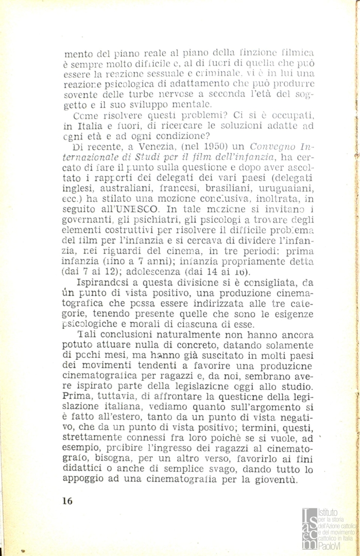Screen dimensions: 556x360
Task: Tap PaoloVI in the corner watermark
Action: pyautogui.click(x=332, y=546)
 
